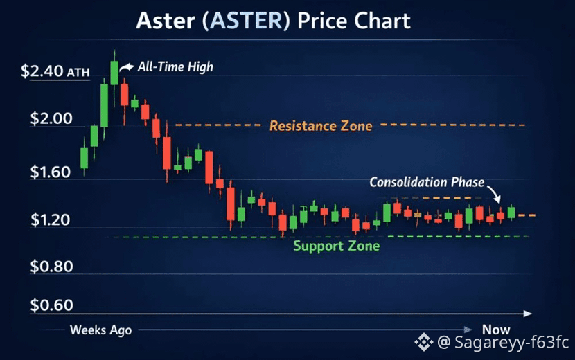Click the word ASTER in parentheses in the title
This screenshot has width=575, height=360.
[x=247, y=21]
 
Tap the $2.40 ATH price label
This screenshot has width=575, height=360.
[x=55, y=71]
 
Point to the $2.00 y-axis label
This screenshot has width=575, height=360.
[x=51, y=118]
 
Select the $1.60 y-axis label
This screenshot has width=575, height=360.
[x=51, y=172]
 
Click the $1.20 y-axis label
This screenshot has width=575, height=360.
[x=51, y=219]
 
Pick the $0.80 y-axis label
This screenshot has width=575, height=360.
[x=51, y=267]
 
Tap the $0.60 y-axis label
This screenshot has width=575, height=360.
[x=51, y=305]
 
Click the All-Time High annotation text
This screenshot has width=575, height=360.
[x=175, y=67]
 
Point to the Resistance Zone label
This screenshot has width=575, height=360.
[x=321, y=126]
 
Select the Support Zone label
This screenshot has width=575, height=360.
[x=336, y=246]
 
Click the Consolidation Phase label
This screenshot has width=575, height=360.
[x=427, y=182]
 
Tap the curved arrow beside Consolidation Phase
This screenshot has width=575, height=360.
[x=493, y=193]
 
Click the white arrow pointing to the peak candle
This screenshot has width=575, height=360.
[x=127, y=67]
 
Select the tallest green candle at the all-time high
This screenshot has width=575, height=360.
[x=114, y=73]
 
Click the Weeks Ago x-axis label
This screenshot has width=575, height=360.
[x=100, y=330]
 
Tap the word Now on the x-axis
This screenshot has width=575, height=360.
[x=496, y=330]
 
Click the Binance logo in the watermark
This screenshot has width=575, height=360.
[x=424, y=342]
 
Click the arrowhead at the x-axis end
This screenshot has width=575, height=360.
[x=528, y=314]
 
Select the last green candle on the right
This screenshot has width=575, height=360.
[x=511, y=213]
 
